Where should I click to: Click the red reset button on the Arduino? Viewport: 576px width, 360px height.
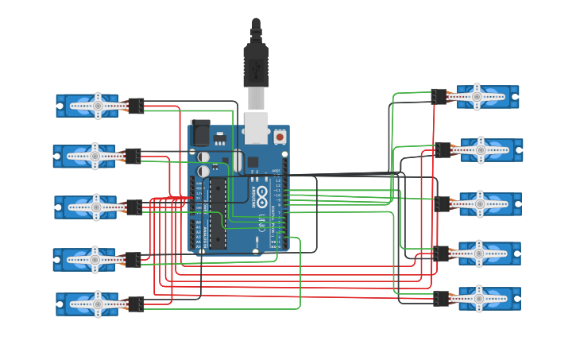(280, 137)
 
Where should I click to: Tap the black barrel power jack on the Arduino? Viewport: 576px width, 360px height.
(199, 130)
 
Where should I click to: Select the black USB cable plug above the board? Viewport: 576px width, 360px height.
(256, 64)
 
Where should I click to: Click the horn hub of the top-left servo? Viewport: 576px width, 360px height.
(98, 105)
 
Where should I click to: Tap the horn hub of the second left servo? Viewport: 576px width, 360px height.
(95, 156)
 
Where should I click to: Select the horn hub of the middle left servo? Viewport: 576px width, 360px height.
(96, 207)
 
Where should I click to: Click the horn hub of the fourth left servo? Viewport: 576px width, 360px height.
(95, 259)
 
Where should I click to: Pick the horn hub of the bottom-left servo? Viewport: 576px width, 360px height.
(98, 304)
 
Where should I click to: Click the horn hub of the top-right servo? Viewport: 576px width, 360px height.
(477, 97)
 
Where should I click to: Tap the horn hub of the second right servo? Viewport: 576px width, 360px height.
(481, 149)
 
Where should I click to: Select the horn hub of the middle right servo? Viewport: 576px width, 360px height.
(481, 203)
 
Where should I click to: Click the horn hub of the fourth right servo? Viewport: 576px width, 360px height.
(479, 254)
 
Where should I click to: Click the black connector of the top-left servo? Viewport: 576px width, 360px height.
(136, 106)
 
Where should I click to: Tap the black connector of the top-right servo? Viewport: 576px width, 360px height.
(439, 97)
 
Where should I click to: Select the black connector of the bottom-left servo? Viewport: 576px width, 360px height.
(136, 304)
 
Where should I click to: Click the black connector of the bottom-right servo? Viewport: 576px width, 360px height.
(441, 299)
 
